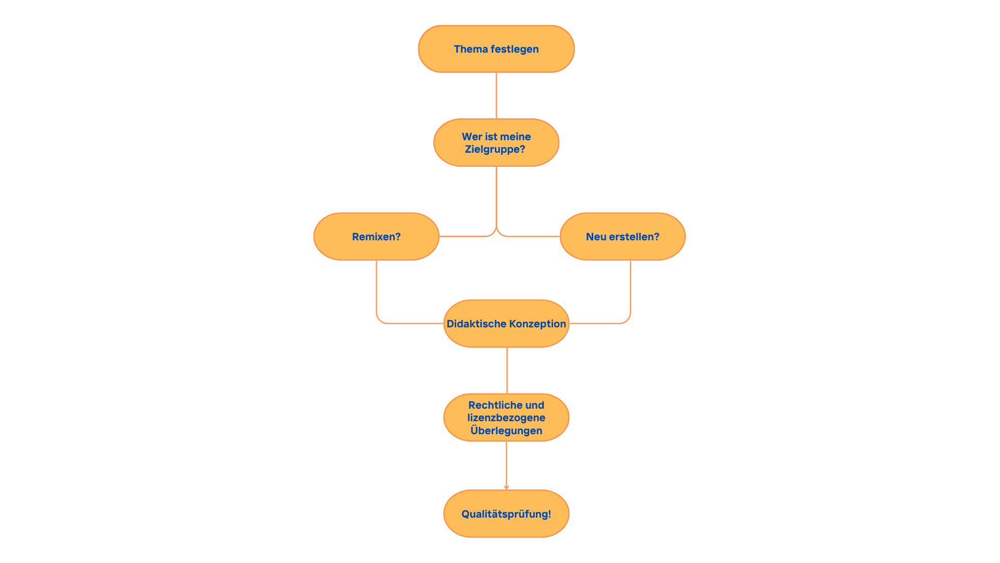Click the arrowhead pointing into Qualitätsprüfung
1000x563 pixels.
pos(506,487)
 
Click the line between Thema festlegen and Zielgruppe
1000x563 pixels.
pos(496,95)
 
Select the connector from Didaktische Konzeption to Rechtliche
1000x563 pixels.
pos(507,370)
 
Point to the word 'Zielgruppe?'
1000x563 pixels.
pos(495,150)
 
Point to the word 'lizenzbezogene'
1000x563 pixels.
pos(506,418)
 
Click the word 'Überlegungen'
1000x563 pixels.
pos(506,431)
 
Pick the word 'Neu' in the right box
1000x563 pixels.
pos(596,237)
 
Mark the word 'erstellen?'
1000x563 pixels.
pos(634,237)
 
